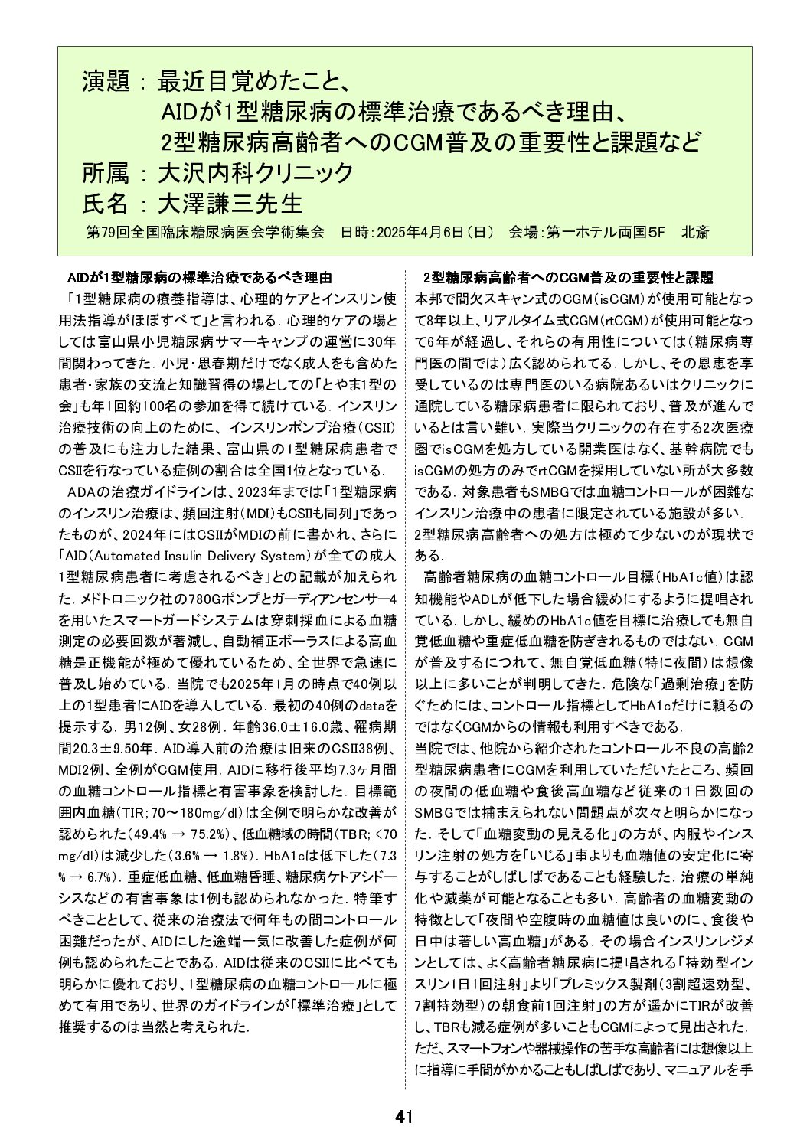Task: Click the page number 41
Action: click(404, 1116)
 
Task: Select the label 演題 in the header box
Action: click(106, 82)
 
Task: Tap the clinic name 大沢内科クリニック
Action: click(255, 173)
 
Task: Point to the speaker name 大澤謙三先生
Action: click(230, 203)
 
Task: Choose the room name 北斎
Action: click(694, 232)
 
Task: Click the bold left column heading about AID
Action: click(200, 276)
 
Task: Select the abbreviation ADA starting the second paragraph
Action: click(81, 491)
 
